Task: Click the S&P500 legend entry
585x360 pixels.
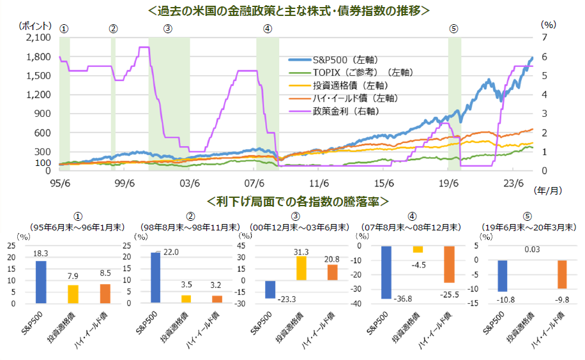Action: tap(332, 59)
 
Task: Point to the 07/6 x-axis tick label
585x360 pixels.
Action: tap(255, 182)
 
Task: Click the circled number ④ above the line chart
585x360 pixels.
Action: tap(267, 28)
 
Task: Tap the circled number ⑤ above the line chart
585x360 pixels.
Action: tap(453, 28)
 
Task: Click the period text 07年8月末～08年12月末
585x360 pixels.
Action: tap(409, 227)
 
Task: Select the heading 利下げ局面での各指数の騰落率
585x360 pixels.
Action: tap(298, 202)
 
